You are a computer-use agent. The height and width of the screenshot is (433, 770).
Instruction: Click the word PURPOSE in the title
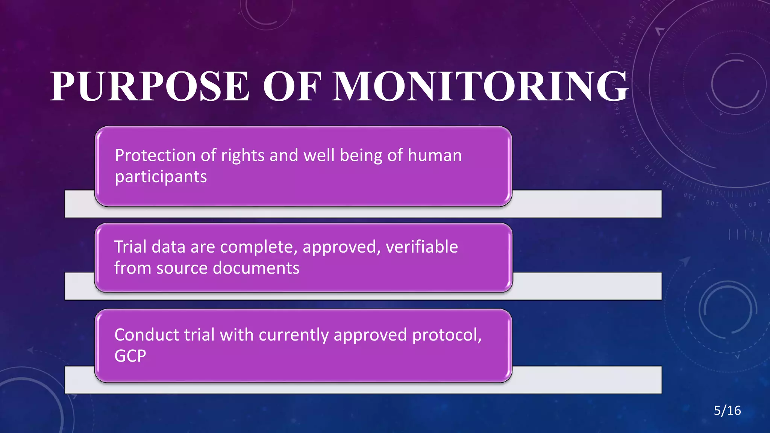(x=150, y=86)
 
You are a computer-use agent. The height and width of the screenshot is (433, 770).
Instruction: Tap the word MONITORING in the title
(x=480, y=86)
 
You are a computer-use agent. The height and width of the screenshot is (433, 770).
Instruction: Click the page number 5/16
(x=727, y=410)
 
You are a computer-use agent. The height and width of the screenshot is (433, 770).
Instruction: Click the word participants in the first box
(x=161, y=177)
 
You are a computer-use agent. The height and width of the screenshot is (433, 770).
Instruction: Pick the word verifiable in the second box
(x=422, y=247)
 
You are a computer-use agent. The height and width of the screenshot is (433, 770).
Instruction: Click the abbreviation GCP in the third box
(x=130, y=356)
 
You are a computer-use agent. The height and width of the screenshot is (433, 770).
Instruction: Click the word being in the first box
(x=361, y=156)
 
